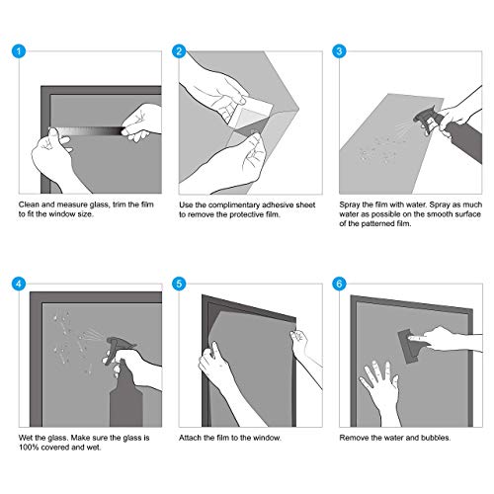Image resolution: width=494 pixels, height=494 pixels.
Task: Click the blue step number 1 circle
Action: [19, 51]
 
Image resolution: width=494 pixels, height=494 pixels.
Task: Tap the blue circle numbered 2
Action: [179, 51]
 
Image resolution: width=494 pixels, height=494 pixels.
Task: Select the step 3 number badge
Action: [339, 51]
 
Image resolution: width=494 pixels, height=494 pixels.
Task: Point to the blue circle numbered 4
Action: [19, 284]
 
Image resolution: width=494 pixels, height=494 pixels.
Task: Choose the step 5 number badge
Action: [179, 284]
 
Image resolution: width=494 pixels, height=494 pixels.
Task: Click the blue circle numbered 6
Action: [339, 284]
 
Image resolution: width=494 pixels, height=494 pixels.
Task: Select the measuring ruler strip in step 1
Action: [87, 131]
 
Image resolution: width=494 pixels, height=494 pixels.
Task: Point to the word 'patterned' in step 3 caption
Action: [378, 223]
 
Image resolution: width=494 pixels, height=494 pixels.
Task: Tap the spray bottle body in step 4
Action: [125, 402]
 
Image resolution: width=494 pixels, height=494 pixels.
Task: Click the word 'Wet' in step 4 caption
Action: [25, 438]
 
